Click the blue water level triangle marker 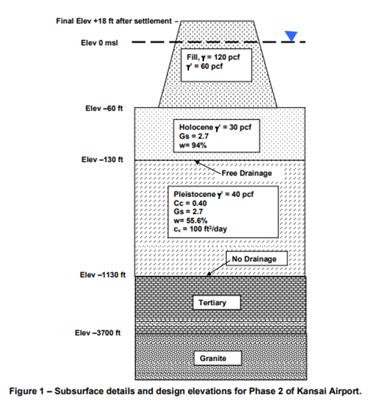click(291, 37)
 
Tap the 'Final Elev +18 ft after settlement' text click(114, 21)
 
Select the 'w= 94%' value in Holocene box click(189, 145)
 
